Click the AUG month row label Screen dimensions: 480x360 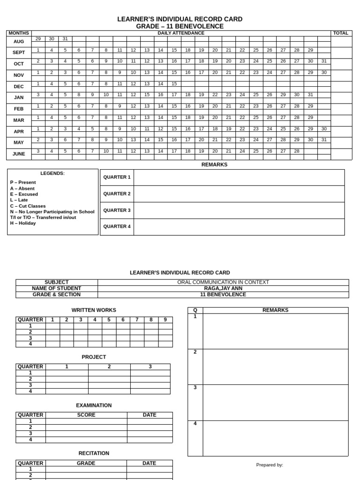click(19, 41)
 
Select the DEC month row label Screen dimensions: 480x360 click(19, 86)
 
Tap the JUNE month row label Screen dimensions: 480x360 click(19, 154)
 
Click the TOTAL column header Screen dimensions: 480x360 click(341, 33)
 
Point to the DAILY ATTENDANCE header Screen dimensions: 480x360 click(181, 33)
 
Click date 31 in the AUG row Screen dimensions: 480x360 click(65, 38)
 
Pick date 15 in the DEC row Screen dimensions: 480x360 click(174, 83)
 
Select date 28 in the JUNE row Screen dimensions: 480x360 click(297, 151)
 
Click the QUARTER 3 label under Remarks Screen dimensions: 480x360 click(117, 210)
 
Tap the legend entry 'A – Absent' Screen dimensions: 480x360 click(22, 188)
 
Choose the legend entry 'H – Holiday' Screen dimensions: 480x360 click(23, 223)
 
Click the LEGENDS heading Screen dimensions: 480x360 click(52, 173)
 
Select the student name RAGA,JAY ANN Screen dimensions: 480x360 click(223, 288)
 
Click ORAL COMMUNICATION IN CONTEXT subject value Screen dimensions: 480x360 click(223, 282)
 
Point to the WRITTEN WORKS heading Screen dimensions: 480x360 click(94, 310)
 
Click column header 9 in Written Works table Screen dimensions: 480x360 click(165, 320)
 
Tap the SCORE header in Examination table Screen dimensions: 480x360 click(86, 415)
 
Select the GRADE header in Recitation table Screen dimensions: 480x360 click(86, 463)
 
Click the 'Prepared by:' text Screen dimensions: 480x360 click(270, 465)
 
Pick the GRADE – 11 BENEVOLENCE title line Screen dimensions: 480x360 click(180, 26)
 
